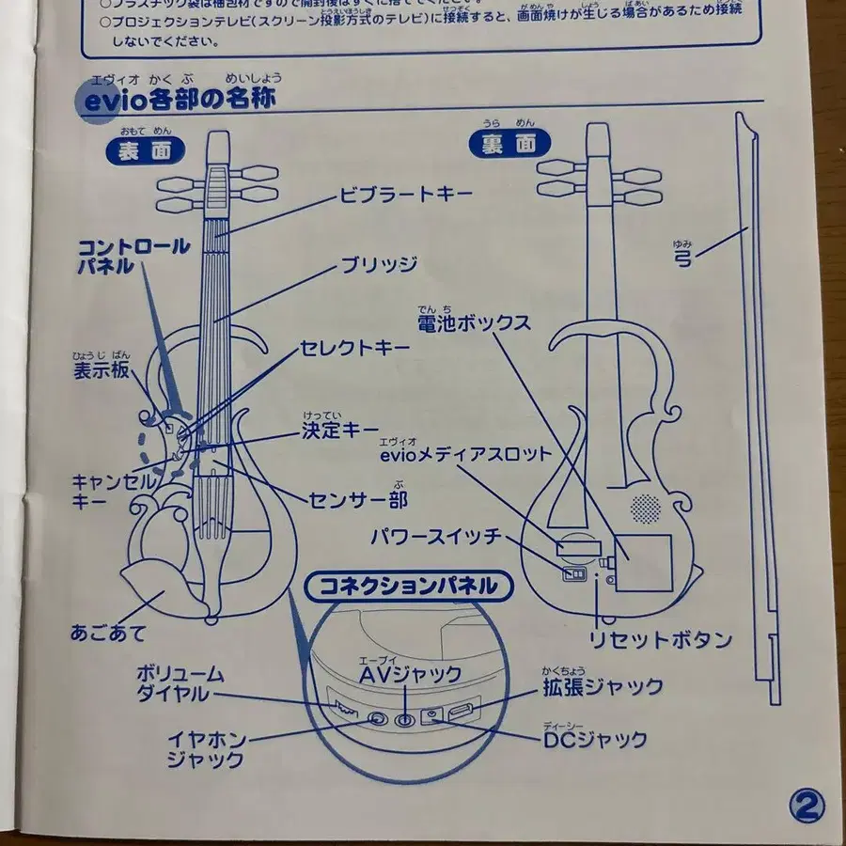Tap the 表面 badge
point(145,150)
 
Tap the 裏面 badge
point(509,143)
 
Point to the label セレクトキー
point(354,348)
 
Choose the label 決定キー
point(339,431)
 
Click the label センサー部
point(358,495)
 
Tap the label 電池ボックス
point(475,322)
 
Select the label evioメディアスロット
point(464,454)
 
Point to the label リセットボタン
point(660,640)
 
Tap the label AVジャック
point(410,674)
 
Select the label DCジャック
point(594,740)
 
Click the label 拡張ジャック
point(602,686)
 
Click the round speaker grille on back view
point(645,509)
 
